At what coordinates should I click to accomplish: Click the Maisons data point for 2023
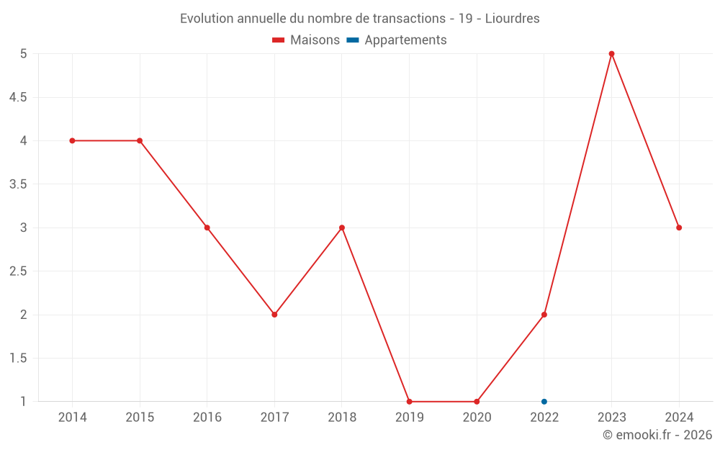(611, 54)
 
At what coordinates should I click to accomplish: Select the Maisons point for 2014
(72, 140)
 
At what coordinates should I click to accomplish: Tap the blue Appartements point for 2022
(544, 402)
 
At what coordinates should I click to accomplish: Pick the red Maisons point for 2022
(544, 315)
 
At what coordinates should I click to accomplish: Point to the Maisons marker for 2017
(274, 315)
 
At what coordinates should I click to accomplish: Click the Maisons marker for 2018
(342, 228)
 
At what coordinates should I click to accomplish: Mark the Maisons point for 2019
(409, 402)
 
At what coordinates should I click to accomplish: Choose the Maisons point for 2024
(679, 228)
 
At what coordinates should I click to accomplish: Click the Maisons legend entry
(306, 40)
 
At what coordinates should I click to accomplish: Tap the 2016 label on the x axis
(207, 418)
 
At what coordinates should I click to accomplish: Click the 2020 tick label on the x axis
(477, 418)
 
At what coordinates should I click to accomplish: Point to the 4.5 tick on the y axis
(18, 97)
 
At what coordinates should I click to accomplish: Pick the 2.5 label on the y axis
(18, 271)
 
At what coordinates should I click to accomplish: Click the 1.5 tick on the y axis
(18, 359)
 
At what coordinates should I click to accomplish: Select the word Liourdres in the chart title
(512, 19)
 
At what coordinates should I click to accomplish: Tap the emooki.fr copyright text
(657, 435)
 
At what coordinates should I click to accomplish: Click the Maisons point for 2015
(140, 140)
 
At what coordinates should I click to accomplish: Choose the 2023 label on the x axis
(611, 418)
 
